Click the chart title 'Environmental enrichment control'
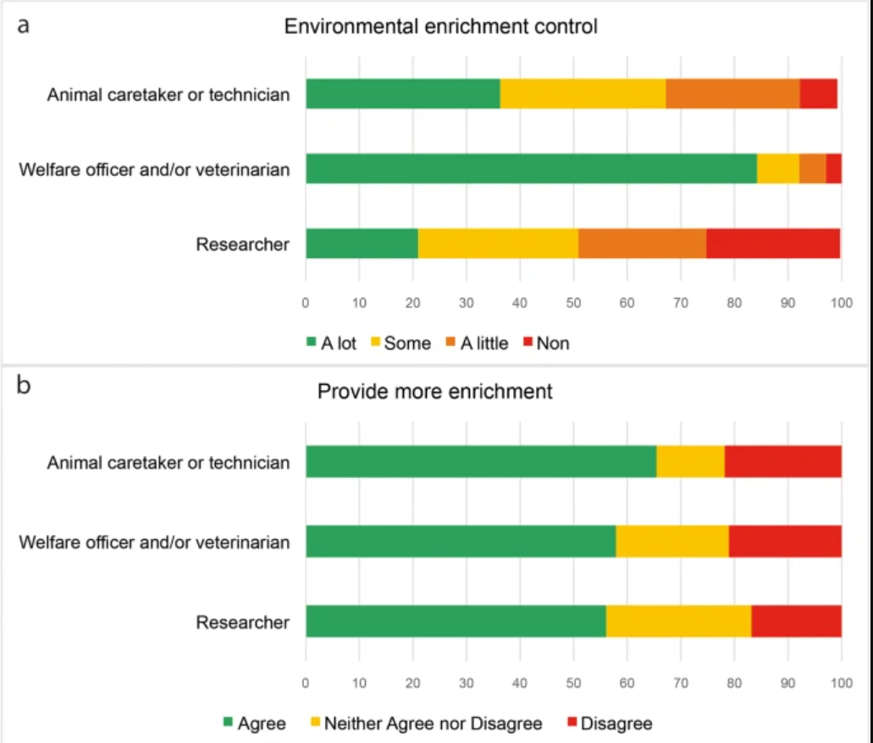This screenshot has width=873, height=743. point(440,26)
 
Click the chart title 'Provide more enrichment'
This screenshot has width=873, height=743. point(434,392)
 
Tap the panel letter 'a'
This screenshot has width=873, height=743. point(24,25)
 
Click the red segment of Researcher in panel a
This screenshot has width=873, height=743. point(773,245)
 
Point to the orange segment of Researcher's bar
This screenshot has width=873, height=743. point(642,245)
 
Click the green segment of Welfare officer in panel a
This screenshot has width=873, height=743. point(531,168)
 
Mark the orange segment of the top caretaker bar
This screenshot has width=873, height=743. point(732,93)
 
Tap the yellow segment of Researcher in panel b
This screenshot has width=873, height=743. point(678,622)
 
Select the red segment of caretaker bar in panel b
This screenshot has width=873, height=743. point(782,462)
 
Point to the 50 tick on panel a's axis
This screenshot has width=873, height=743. point(573,300)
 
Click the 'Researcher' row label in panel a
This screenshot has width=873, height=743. point(243,245)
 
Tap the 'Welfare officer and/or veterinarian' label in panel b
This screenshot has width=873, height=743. point(154,542)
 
